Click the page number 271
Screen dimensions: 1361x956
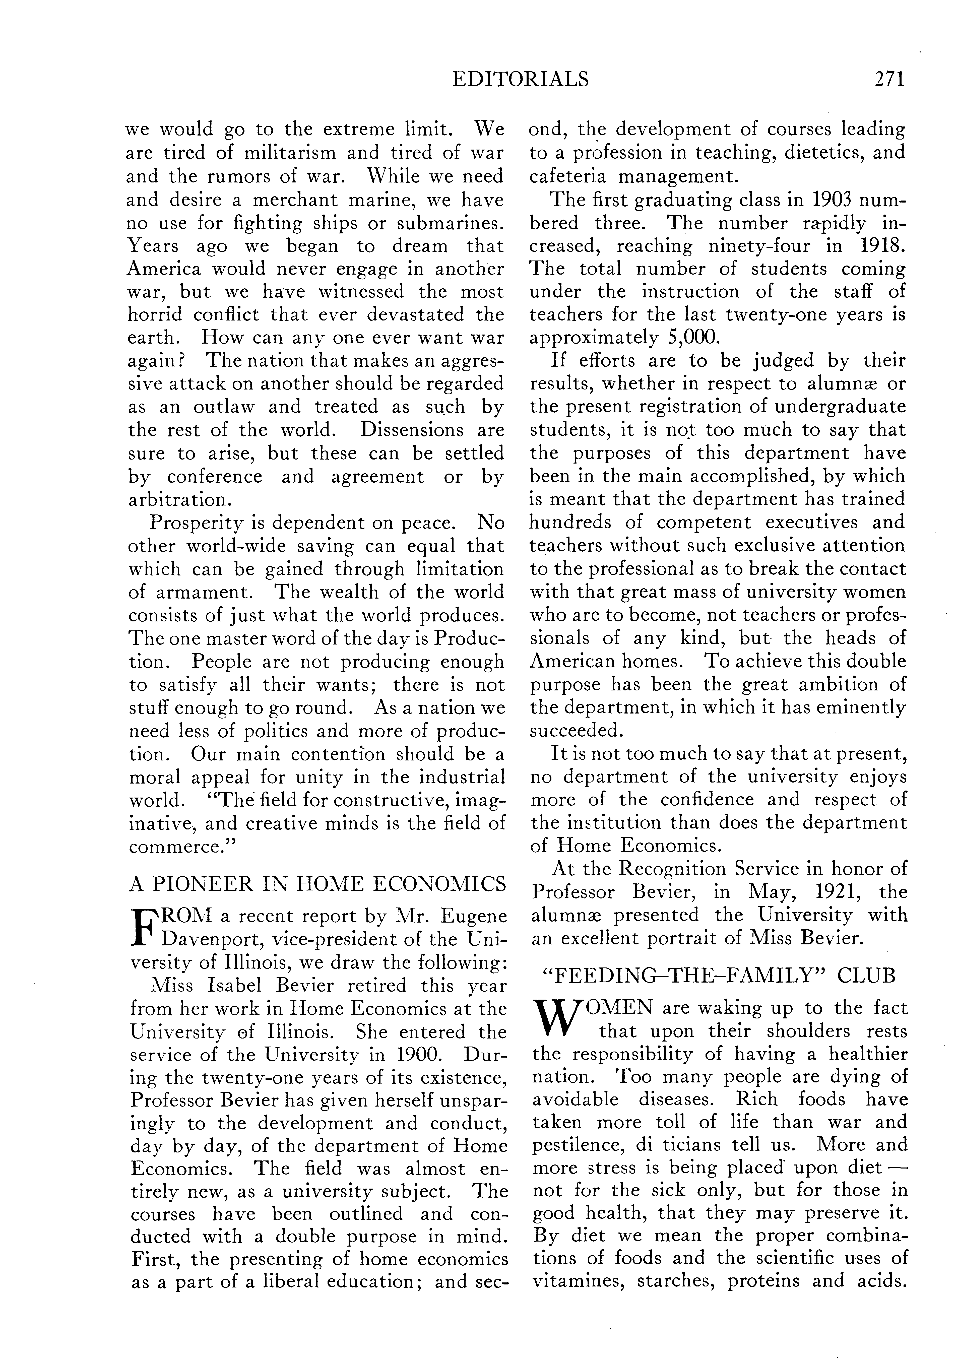889,79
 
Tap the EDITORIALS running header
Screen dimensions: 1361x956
520,79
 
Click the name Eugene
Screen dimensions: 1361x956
475,917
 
